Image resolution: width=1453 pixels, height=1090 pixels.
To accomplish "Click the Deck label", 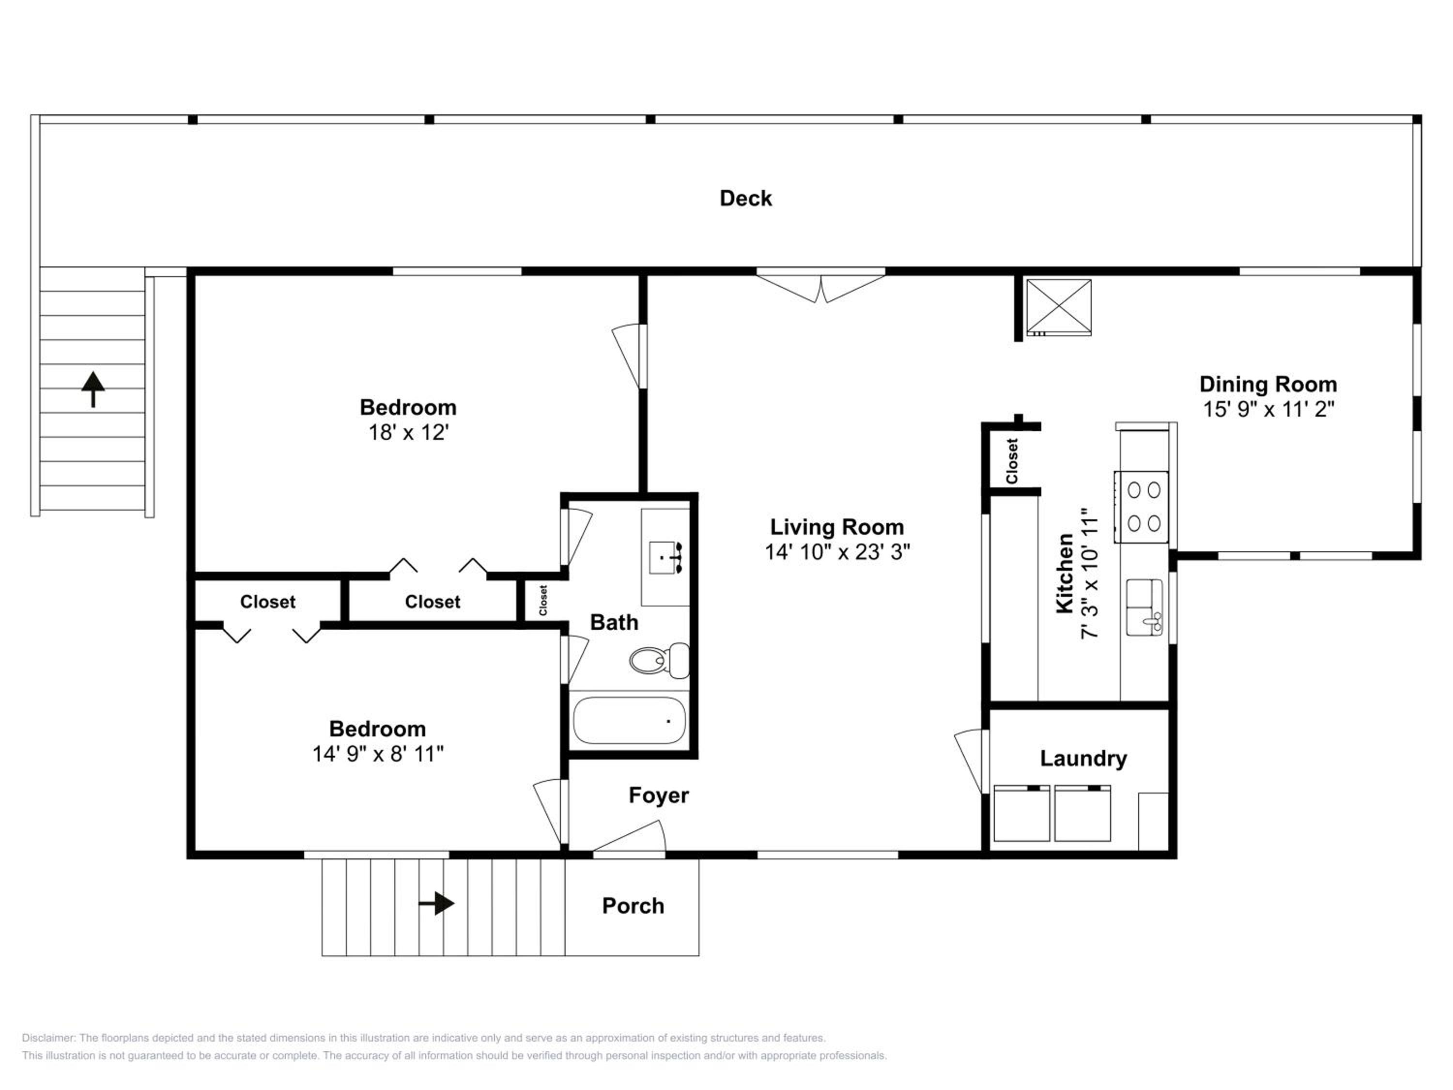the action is tap(745, 199).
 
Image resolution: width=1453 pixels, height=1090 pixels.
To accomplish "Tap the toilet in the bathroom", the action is tap(659, 660).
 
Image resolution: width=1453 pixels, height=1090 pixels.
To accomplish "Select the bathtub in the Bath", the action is tap(629, 720).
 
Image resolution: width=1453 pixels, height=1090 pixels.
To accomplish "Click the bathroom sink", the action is tap(666, 557).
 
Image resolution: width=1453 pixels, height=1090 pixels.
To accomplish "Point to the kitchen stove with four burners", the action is tap(1142, 507).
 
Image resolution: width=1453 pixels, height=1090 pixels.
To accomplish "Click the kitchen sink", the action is tap(1145, 607).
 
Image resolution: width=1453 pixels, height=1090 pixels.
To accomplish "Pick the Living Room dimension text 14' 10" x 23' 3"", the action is tap(837, 552).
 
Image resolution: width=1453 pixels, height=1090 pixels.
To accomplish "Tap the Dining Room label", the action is tap(1268, 384).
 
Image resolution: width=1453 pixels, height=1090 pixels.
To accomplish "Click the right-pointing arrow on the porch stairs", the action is tap(436, 904).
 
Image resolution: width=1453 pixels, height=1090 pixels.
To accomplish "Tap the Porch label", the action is tap(633, 906).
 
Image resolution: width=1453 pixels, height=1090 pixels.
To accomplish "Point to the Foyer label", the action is tap(659, 795).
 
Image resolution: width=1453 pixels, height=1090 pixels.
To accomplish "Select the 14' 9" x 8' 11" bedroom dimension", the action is tap(378, 754).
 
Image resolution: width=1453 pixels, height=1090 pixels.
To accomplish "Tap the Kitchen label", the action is tap(1064, 574).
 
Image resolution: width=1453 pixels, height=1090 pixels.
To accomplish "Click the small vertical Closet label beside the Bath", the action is tap(543, 601).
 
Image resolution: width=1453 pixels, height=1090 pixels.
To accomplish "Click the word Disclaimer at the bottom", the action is tap(48, 1038).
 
